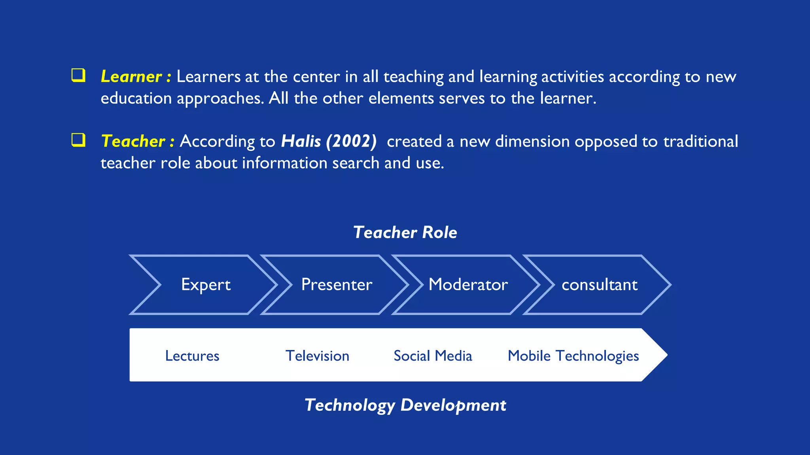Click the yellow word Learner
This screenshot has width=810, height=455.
click(x=131, y=77)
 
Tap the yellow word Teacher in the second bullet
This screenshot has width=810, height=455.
click(x=133, y=141)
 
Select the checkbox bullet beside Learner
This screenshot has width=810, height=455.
click(x=78, y=75)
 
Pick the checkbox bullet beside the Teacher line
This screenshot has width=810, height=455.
click(x=78, y=140)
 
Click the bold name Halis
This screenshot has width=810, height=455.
click(x=301, y=141)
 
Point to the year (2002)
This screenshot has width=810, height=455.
click(x=351, y=141)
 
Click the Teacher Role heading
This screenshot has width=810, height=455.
click(x=405, y=232)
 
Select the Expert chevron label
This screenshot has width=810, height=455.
click(x=206, y=285)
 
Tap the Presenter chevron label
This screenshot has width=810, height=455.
click(x=337, y=285)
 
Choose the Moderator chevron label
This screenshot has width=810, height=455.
click(x=468, y=285)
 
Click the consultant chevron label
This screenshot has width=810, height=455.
click(x=600, y=285)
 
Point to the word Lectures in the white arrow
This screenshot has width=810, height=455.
click(x=192, y=356)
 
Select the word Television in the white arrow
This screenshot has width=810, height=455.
click(x=317, y=356)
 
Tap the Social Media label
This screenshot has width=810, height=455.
click(x=433, y=356)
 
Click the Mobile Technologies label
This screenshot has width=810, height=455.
click(x=573, y=356)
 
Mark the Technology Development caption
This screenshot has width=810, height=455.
click(x=405, y=405)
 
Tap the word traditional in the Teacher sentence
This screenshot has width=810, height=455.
click(x=700, y=141)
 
